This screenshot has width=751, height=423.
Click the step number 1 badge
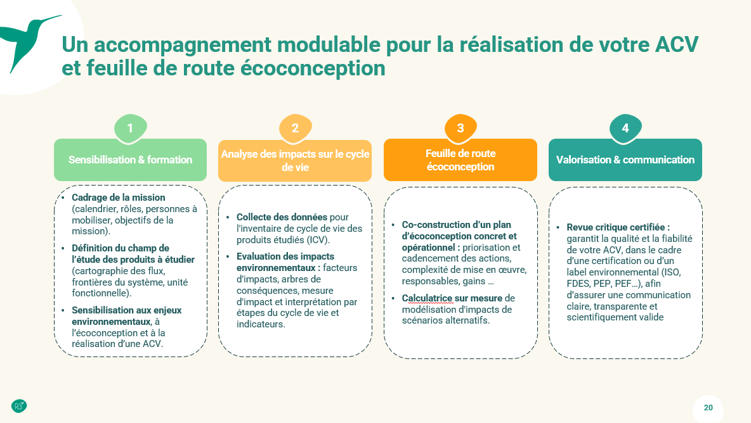[x=130, y=129]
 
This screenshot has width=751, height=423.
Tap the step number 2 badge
[x=295, y=129]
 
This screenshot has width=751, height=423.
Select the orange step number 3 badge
[x=460, y=129]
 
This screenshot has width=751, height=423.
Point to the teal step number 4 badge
[x=625, y=129]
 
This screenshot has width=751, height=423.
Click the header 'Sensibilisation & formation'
[x=130, y=160]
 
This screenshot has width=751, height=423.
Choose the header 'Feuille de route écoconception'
[x=460, y=160]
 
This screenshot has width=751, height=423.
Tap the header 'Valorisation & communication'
[x=625, y=160]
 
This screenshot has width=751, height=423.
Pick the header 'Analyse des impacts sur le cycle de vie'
[x=295, y=160]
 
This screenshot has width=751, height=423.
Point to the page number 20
[x=709, y=408]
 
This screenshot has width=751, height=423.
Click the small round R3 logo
[x=18, y=406]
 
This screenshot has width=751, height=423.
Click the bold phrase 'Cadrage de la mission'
[x=119, y=198]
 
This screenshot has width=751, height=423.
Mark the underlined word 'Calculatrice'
[x=427, y=298]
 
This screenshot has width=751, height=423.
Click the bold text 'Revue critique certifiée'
[x=618, y=227]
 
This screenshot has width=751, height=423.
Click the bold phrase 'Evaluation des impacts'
[x=285, y=256]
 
